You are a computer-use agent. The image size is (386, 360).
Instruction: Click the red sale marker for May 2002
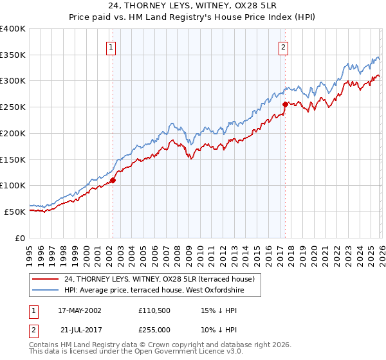click(113, 180)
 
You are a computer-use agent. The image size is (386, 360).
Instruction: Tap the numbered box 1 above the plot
click(111, 46)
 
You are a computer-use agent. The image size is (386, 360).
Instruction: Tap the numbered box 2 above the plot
click(283, 46)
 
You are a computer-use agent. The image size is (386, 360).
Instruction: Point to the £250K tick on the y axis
click(13, 107)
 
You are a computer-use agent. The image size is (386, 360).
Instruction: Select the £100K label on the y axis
click(13, 185)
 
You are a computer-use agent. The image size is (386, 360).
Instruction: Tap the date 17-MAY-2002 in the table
click(79, 310)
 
